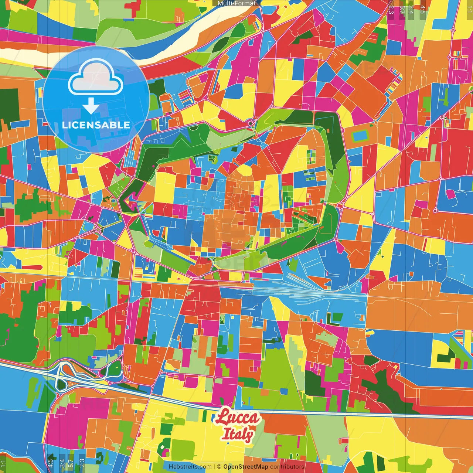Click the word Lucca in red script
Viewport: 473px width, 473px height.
(238, 417)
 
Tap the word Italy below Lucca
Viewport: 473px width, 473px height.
(237, 434)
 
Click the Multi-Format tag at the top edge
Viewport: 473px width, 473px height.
(236, 3)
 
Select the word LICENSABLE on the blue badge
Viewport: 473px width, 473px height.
(96, 125)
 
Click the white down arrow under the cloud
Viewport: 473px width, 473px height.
(91, 106)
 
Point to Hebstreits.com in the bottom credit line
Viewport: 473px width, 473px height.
(190, 467)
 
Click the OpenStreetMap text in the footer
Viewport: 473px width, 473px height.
(246, 467)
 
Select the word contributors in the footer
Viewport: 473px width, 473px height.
(287, 467)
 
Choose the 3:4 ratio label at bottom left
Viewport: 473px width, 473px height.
(62, 463)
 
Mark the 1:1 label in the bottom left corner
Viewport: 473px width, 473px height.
(3, 463)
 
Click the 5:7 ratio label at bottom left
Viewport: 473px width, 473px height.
(71, 463)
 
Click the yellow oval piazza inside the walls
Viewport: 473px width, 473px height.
(244, 171)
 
